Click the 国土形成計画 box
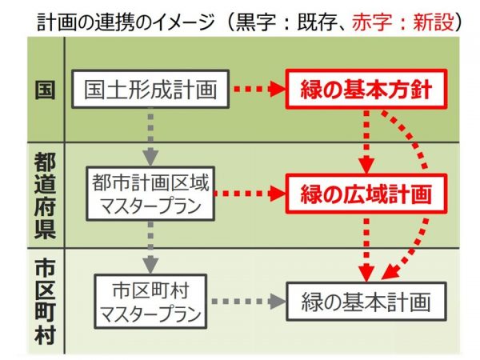point(150,90)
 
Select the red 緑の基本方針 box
point(365,90)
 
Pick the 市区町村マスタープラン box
point(150,302)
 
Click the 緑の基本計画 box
point(366,302)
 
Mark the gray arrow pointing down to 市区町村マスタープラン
point(150,246)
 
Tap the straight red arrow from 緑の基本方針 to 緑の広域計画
point(366,141)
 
